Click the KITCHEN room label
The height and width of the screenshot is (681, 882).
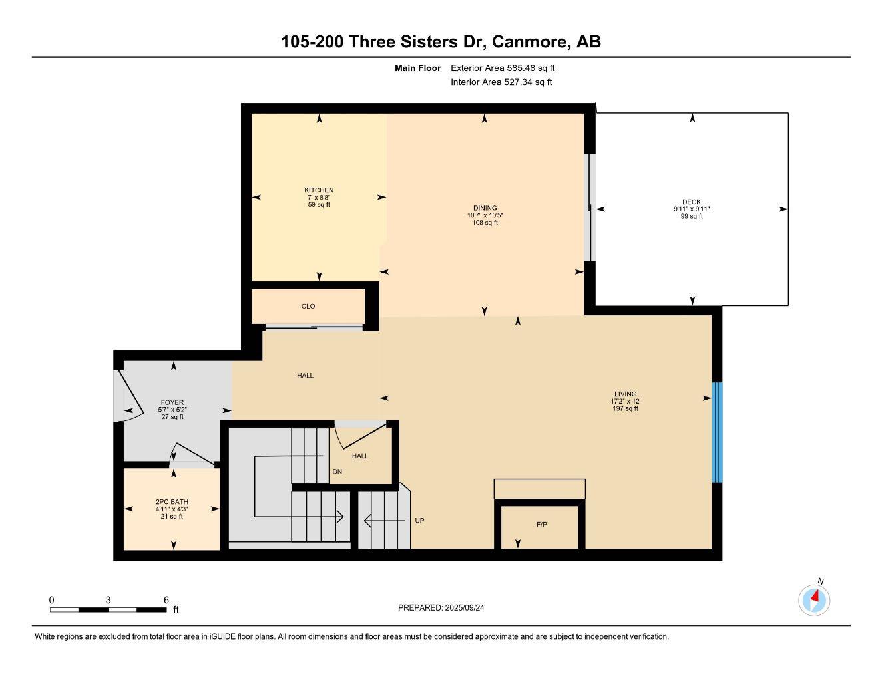pos(319,190)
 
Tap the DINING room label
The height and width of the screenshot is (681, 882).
pos(485,208)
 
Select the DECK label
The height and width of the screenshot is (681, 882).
pos(692,202)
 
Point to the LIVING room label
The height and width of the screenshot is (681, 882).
pos(625,394)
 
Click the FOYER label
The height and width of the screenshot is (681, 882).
pos(172,402)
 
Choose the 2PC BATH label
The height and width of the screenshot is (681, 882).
pos(172,502)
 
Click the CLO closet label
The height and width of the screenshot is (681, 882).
pos(308,306)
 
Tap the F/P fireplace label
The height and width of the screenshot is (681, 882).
pos(542,525)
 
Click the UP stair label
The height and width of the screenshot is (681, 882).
pos(419,521)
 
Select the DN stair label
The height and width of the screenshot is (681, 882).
pos(337,472)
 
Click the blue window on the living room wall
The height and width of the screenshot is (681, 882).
pos(717,432)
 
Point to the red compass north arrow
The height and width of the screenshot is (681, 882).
pos(814,597)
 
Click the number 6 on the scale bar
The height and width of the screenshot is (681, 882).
pos(166,599)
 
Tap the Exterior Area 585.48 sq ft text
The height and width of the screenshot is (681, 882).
pos(503,68)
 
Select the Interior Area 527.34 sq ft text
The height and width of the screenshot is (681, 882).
pos(501,82)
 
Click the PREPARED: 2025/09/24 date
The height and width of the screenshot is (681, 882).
pos(445,607)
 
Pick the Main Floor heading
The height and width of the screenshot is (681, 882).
pos(417,68)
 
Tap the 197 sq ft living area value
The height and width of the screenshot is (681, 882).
pos(625,408)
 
